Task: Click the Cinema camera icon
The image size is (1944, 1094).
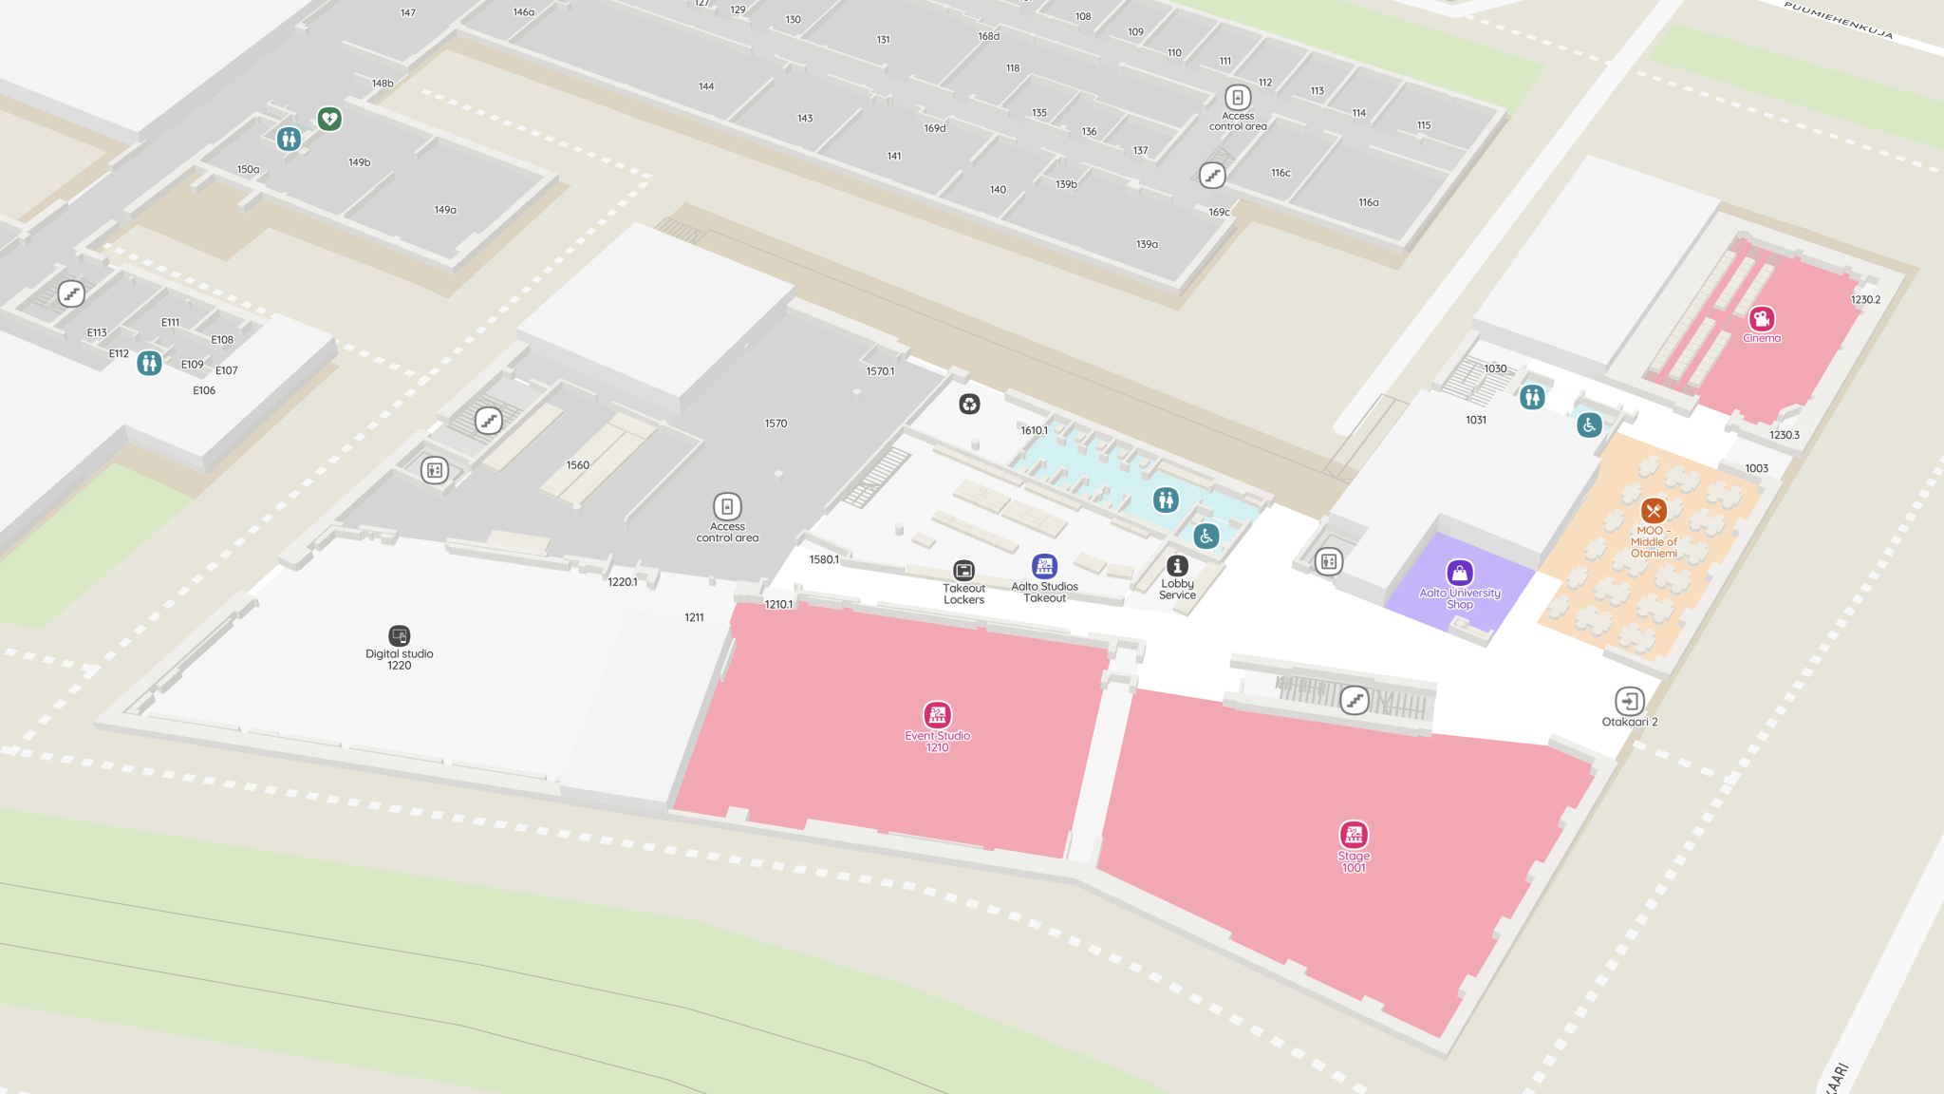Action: coord(1762,318)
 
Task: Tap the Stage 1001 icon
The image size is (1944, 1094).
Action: coord(1354,835)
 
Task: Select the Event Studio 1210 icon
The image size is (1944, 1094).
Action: coord(937,715)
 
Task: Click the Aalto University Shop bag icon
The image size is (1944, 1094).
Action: coord(1459,573)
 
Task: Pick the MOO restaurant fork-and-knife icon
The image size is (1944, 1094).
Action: coord(1654,511)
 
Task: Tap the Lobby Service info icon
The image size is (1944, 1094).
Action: coord(1177,566)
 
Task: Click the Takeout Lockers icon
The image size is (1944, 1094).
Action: coord(963,570)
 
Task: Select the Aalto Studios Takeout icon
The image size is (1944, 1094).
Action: coord(1044,567)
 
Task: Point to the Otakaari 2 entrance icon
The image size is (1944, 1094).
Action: coord(1629,701)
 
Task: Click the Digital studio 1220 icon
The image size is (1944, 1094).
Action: coord(399,635)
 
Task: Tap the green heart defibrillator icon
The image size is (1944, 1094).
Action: coord(329,119)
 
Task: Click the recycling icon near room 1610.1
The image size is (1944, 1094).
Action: coord(969,405)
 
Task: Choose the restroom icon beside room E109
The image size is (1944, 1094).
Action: coord(149,363)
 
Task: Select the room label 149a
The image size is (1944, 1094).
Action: coord(445,210)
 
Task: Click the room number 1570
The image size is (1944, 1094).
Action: coord(776,424)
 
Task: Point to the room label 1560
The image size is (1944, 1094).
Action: coord(577,465)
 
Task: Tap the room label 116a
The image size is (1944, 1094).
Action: coord(1368,202)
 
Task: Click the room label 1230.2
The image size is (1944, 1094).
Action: coord(1864,299)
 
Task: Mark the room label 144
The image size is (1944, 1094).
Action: coord(706,86)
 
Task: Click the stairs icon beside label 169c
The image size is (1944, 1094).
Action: coord(1212,176)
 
